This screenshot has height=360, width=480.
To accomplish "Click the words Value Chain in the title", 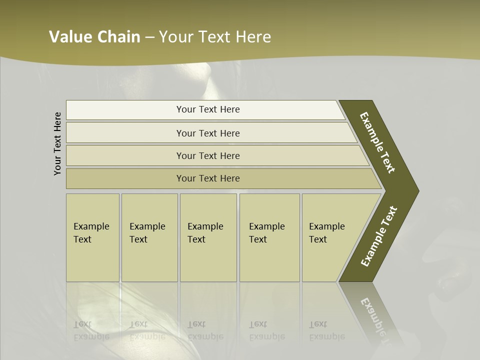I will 94,37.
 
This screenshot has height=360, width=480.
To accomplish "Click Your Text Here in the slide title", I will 215,37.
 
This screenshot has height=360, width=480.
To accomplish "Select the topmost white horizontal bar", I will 205,109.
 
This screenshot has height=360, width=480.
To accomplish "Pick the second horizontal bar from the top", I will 208,133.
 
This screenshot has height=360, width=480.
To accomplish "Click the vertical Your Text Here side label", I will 57,143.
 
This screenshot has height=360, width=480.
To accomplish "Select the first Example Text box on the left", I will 92,237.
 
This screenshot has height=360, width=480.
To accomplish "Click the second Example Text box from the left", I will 149,237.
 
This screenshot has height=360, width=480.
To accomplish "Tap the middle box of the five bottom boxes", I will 208,237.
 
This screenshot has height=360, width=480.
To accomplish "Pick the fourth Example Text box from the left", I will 269,237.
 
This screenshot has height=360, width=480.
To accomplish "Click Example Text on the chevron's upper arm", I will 377,142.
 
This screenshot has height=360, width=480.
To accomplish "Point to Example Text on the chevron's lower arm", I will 379,236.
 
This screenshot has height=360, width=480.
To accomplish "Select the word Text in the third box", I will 196,239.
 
